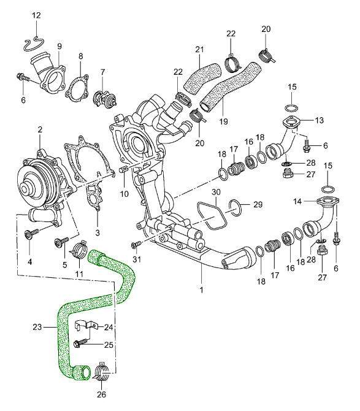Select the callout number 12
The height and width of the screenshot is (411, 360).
pos(36,15)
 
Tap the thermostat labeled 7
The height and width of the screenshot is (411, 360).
pos(104,99)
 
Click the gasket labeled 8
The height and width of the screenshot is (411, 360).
pos(76,88)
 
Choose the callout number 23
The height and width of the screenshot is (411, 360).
pos(37,327)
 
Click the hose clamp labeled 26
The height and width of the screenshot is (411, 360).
pos(102,371)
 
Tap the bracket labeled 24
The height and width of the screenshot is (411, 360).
pos(86,325)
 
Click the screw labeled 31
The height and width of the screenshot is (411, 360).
pos(136,245)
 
